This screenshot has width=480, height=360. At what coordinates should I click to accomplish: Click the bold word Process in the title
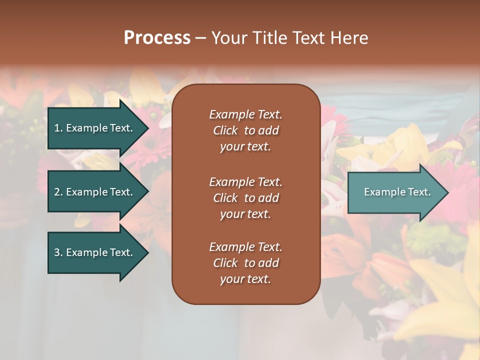[157, 38]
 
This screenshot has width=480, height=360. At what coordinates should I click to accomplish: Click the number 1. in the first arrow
[58, 128]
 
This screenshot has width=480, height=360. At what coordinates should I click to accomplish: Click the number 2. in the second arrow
[58, 192]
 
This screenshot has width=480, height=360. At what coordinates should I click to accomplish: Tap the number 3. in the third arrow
[58, 252]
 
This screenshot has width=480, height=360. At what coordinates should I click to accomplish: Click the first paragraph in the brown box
[245, 130]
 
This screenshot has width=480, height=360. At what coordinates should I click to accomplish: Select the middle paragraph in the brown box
[245, 198]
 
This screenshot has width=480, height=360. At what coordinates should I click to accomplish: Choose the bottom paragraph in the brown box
[245, 263]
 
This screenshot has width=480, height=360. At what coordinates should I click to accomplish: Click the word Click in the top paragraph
[225, 130]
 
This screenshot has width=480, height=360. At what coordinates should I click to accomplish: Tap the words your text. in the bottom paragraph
[245, 279]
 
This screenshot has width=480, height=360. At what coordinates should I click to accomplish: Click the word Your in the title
[228, 38]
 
